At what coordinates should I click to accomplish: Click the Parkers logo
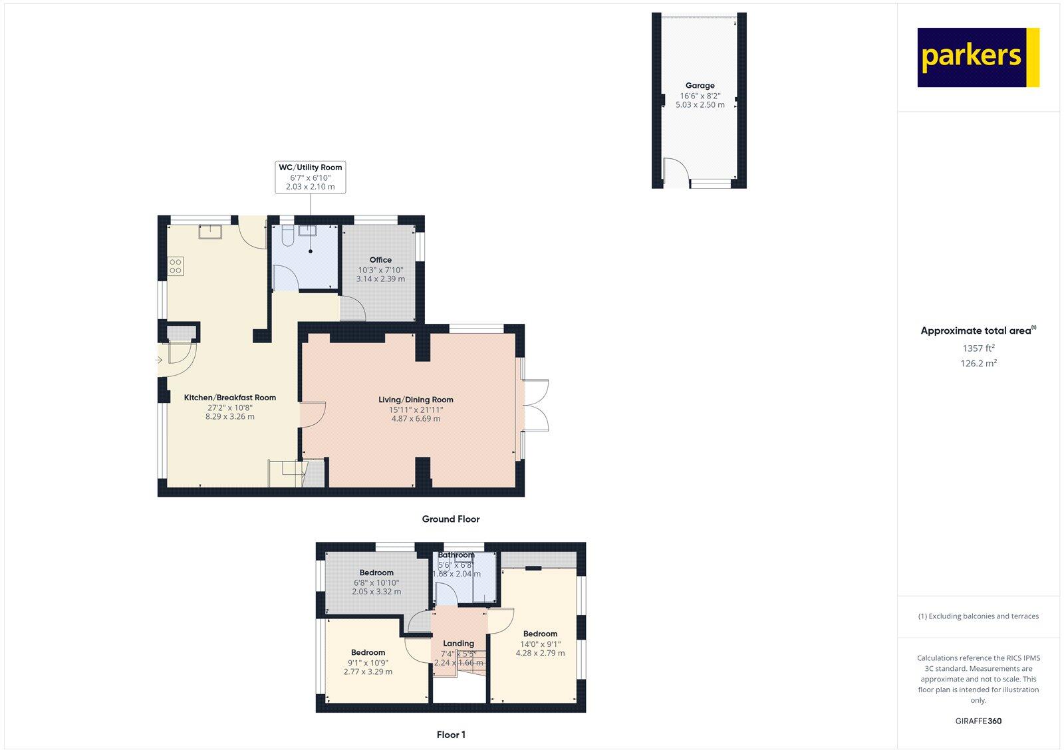[x=978, y=57]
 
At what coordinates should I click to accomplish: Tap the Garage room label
[x=700, y=86]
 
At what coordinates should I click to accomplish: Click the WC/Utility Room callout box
[x=311, y=177]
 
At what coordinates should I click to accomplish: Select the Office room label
[x=380, y=260]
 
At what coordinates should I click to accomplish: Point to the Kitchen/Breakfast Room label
[x=230, y=398]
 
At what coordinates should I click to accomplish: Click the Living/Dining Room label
[x=416, y=400]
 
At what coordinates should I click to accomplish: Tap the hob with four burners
[x=176, y=267]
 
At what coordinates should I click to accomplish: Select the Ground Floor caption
[x=450, y=519]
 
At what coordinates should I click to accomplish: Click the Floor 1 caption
[x=451, y=735]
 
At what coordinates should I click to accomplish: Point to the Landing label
[x=458, y=644]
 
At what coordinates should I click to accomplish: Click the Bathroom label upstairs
[x=456, y=555]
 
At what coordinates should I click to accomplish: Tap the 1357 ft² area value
[x=978, y=348]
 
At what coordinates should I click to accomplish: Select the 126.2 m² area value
[x=978, y=363]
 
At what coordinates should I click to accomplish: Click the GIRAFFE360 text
[x=978, y=721]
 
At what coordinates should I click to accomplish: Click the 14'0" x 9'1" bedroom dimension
[x=540, y=644]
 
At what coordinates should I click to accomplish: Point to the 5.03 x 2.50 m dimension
[x=700, y=105]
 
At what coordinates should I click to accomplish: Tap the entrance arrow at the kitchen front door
[x=159, y=360]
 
